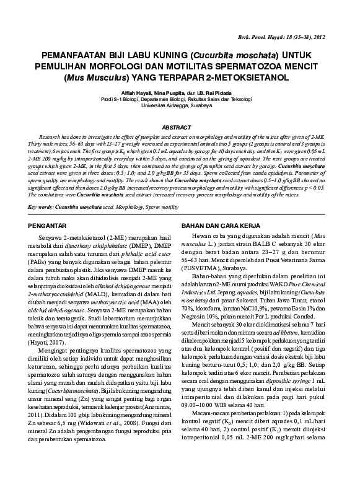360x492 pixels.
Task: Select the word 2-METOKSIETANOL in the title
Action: click(245, 79)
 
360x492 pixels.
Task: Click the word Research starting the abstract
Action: click(53, 134)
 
